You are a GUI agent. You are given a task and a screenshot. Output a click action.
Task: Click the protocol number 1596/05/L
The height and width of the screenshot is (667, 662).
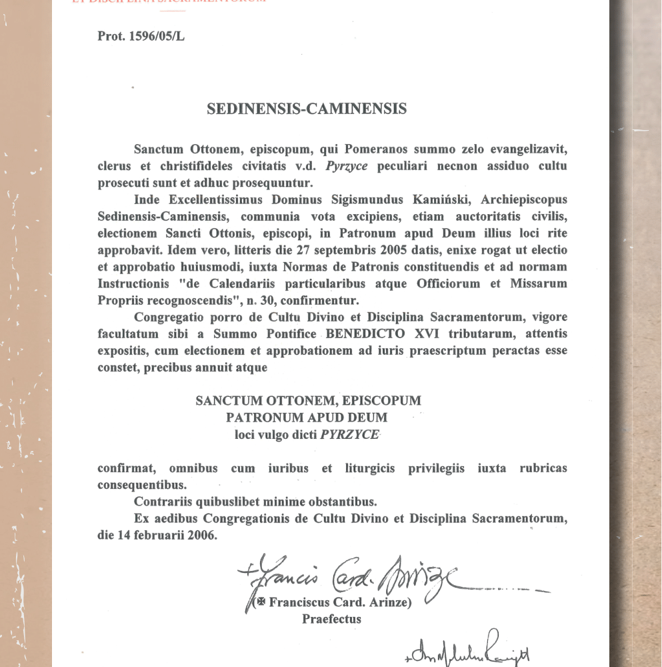159,36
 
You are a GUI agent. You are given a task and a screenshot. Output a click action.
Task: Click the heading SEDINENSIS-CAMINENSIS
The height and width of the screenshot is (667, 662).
307,109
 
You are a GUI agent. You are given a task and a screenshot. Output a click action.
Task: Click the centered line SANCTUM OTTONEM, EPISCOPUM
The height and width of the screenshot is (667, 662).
308,401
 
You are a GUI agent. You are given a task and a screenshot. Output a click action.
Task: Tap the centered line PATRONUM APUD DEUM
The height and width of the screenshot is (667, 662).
307,418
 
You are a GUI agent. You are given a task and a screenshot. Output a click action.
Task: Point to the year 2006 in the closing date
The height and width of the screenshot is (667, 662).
201,535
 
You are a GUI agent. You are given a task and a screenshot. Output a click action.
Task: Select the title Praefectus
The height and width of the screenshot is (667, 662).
331,618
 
